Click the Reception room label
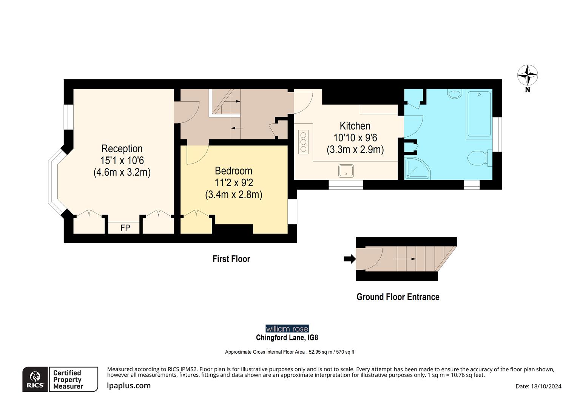(x=122, y=148)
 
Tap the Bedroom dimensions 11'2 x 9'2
(x=234, y=183)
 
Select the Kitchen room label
(x=355, y=126)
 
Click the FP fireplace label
(x=125, y=228)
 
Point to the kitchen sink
(x=346, y=170)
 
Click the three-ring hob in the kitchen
(x=303, y=142)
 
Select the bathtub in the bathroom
(x=479, y=114)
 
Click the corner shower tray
(x=416, y=168)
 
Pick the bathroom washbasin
(x=454, y=93)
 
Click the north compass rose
(x=527, y=76)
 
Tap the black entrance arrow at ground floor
(x=349, y=259)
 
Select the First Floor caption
(x=231, y=259)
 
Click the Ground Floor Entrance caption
(x=398, y=297)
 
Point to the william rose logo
(x=287, y=329)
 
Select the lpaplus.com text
(x=129, y=386)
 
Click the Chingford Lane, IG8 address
(x=287, y=337)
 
